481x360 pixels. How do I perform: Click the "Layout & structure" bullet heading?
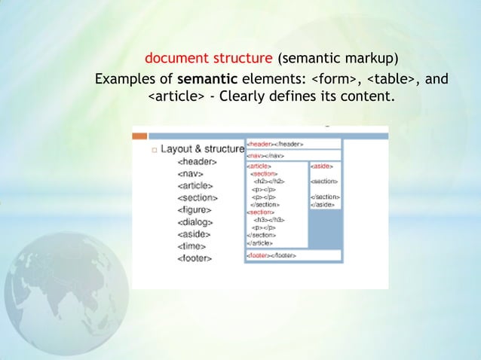coord(203,149)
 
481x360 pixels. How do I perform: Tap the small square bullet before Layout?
coord(153,150)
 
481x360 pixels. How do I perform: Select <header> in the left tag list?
coord(197,161)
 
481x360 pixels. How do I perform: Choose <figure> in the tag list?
coord(194,210)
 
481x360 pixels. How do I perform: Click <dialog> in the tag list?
coord(194,222)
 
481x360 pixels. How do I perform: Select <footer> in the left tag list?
coord(194,258)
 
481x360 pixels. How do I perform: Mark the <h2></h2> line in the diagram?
coord(270,181)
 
